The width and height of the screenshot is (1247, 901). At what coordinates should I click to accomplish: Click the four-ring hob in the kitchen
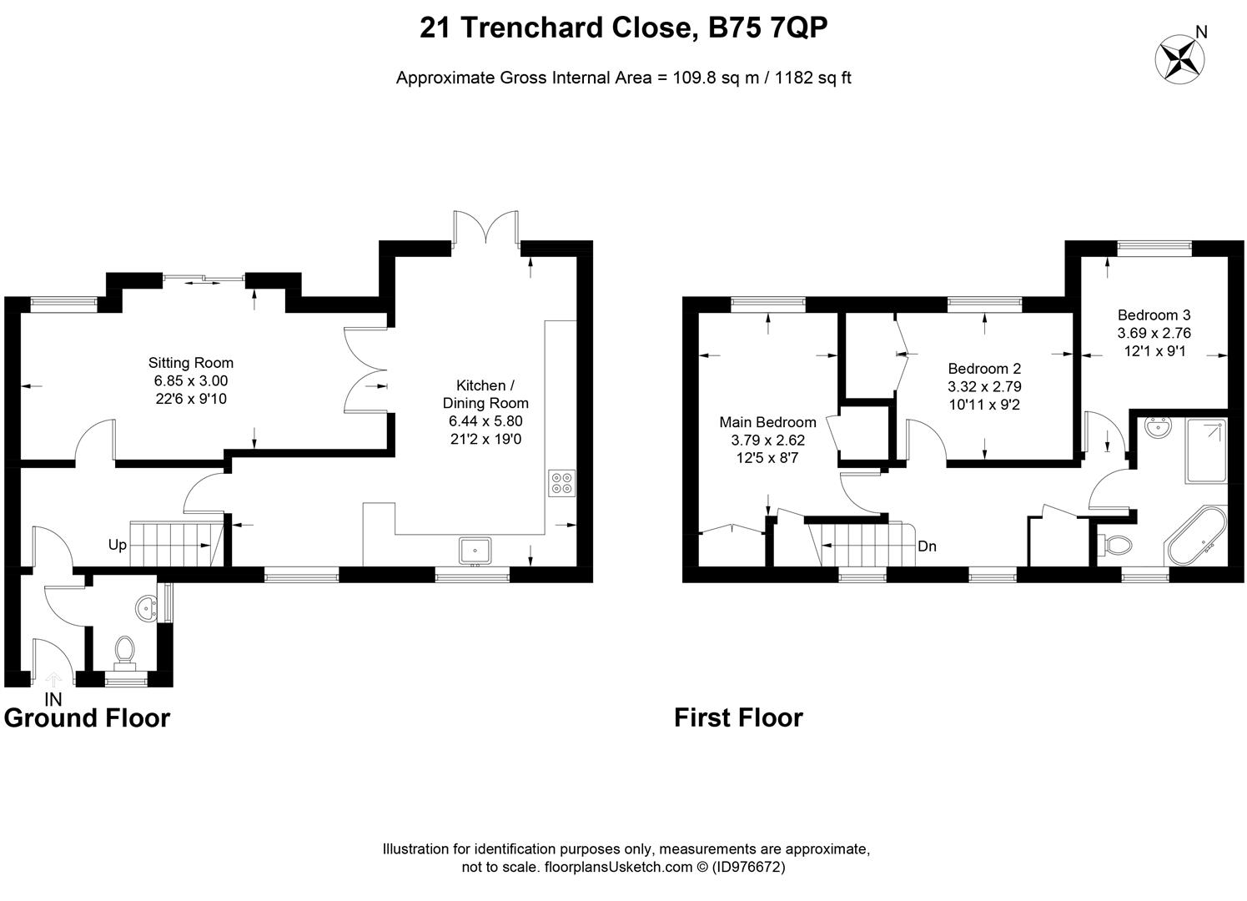pos(561,484)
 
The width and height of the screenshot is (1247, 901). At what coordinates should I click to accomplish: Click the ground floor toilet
pos(126,651)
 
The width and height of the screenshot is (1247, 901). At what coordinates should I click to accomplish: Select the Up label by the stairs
pos(117,545)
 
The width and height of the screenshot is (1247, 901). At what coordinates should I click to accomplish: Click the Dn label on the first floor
pos(927,546)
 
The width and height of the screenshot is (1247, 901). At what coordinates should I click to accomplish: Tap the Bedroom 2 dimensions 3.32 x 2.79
pos(984,386)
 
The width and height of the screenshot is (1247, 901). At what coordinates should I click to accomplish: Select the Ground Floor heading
pos(87,717)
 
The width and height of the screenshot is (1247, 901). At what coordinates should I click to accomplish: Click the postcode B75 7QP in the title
pos(767,28)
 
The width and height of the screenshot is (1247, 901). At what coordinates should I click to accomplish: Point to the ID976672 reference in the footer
pos(748,867)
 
